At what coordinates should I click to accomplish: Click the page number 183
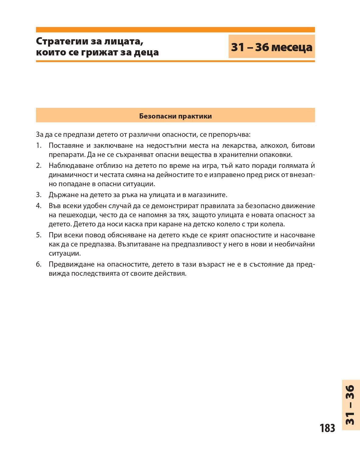pyautogui.click(x=327, y=428)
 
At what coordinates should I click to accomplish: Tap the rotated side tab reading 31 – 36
pyautogui.click(x=351, y=405)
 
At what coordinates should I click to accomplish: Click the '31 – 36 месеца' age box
pyautogui.click(x=271, y=47)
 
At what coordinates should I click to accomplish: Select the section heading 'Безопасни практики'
pyautogui.click(x=175, y=116)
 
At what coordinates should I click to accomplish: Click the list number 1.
pyautogui.click(x=38, y=146)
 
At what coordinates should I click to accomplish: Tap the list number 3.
pyautogui.click(x=38, y=195)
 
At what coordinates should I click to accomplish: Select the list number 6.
pyautogui.click(x=38, y=264)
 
